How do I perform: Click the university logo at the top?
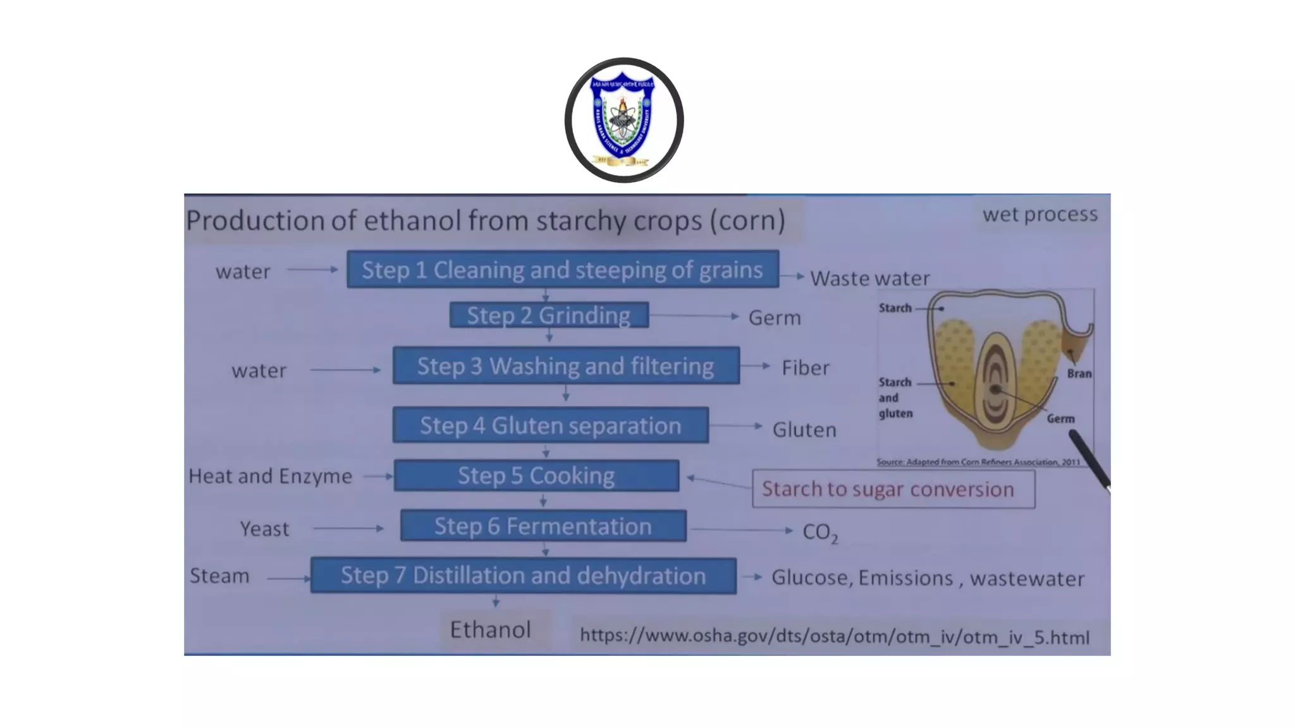coord(623,120)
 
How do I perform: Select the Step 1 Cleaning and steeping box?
coord(562,270)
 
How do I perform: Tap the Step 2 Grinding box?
coord(549,315)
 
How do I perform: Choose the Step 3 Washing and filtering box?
coord(565,366)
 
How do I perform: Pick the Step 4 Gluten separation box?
coord(550,425)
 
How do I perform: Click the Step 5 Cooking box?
coord(536,476)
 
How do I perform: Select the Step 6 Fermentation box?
coord(543,526)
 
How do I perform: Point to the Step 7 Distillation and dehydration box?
coord(523,576)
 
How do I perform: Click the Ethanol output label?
coord(490,629)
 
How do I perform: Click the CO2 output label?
coord(819,533)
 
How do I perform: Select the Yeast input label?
coord(264,528)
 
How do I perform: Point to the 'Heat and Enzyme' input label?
coord(270,476)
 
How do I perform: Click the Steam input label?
coord(219,576)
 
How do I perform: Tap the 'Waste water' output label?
coord(869,278)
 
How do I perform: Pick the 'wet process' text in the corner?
coord(1040,214)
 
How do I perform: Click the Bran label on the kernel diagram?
coord(1079,373)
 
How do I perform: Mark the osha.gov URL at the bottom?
coord(835,636)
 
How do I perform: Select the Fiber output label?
coord(805,368)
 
